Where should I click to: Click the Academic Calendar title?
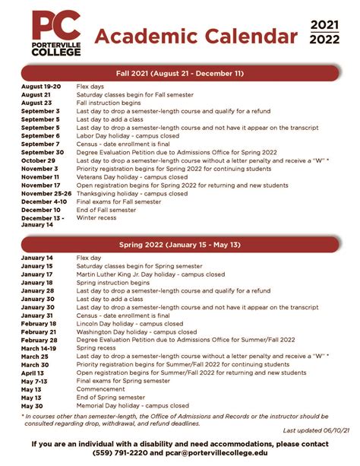tap(197, 35)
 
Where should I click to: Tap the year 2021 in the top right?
tap(324, 25)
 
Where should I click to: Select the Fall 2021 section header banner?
tap(180, 73)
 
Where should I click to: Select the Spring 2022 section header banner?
tap(180, 245)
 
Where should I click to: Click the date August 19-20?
tap(42, 87)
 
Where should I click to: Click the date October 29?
tap(38, 160)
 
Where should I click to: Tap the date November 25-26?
tap(46, 193)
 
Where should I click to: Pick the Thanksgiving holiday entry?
tap(132, 193)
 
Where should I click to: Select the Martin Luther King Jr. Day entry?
tap(150, 274)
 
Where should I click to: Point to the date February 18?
tap(39, 324)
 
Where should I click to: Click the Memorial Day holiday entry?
tap(132, 406)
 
